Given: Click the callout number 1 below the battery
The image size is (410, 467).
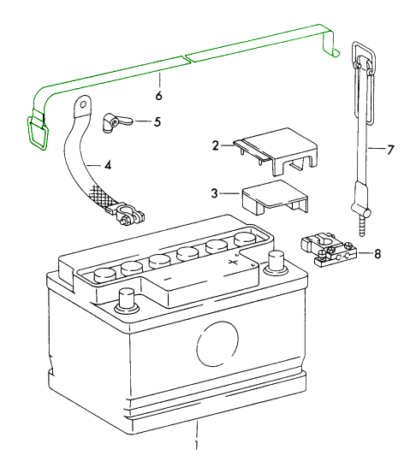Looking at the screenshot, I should (197, 446).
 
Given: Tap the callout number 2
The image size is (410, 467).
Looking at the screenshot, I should (216, 146).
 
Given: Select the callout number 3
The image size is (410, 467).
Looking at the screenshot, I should (216, 193).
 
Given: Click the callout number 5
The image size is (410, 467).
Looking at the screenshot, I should (157, 121).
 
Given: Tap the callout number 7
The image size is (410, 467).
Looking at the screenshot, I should (390, 150).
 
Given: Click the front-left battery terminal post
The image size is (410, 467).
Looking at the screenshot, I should (127, 300).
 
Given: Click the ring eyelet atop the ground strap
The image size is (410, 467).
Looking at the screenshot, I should (81, 106).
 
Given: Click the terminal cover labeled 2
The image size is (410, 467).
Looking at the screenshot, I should (277, 149).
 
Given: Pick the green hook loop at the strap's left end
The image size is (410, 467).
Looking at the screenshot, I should (37, 133).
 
